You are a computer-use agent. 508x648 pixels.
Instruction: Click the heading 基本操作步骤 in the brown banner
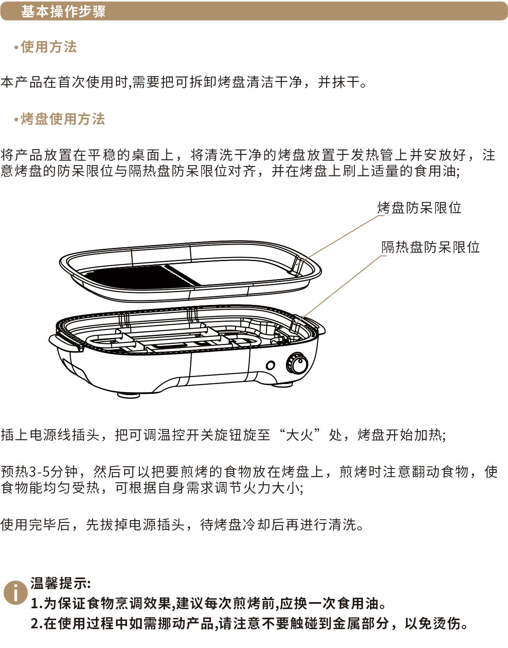pyautogui.click(x=63, y=11)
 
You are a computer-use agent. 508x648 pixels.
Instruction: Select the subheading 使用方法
pyautogui.click(x=49, y=47)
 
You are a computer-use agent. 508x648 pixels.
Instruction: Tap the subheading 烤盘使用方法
pyautogui.click(x=63, y=119)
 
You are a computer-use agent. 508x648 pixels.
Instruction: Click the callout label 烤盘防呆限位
pyautogui.click(x=419, y=207)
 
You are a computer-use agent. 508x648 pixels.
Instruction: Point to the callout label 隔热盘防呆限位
pyautogui.click(x=431, y=247)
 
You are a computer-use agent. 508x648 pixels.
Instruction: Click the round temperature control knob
pyautogui.click(x=297, y=363)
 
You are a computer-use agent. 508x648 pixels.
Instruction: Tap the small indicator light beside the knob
pyautogui.click(x=270, y=365)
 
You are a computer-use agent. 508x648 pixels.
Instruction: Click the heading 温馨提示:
pyautogui.click(x=61, y=583)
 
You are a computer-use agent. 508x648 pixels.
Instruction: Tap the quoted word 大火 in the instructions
pyautogui.click(x=299, y=435)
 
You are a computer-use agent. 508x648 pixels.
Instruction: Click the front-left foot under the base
pyautogui.click(x=129, y=396)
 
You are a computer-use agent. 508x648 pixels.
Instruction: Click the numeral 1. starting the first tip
pyautogui.click(x=36, y=604)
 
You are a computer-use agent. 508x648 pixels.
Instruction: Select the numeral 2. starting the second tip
pyautogui.click(x=36, y=624)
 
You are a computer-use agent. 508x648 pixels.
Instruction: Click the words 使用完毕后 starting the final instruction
pyautogui.click(x=35, y=525)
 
